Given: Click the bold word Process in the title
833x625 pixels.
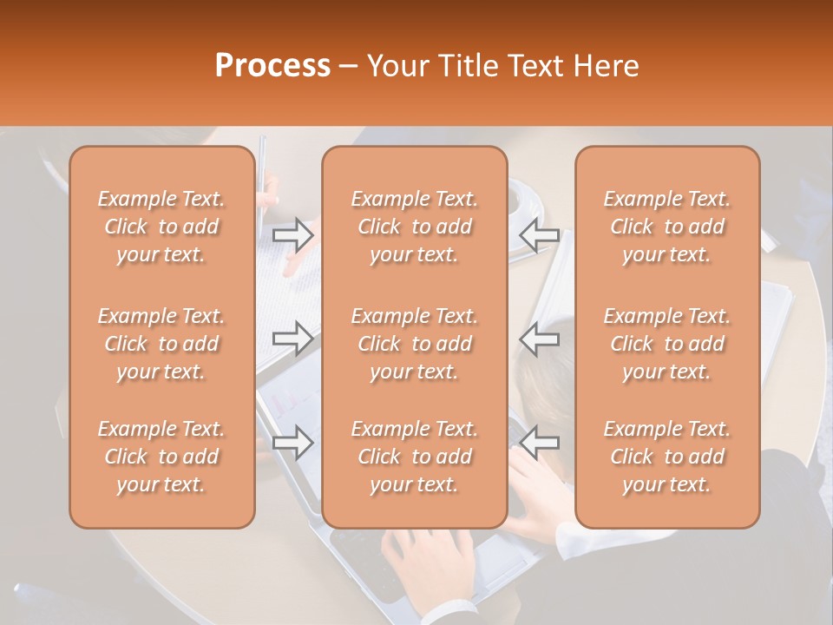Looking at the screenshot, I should tap(272, 66).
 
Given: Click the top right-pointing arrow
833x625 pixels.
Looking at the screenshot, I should tap(292, 234).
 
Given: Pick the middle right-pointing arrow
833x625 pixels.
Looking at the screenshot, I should tap(292, 339).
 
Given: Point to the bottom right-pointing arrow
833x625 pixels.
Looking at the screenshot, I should tap(292, 443).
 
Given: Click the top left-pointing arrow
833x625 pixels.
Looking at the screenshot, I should tap(539, 234).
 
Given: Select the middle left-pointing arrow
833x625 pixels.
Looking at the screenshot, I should tap(539, 339).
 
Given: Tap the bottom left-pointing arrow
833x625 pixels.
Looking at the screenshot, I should tap(539, 443).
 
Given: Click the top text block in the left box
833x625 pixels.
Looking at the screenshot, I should tap(161, 227).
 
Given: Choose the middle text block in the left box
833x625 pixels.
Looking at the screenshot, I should tap(161, 344).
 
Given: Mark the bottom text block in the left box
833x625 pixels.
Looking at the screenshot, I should tap(161, 457).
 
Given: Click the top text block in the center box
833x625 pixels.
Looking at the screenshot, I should tap(414, 227).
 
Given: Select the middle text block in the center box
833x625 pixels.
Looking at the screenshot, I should tap(414, 344).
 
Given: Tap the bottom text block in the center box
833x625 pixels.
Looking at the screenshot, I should tap(414, 457).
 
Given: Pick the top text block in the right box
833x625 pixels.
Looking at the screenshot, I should tap(667, 227).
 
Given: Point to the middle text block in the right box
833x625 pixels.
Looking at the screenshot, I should tap(667, 344).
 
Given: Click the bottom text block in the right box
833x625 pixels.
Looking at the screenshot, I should tap(667, 457).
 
